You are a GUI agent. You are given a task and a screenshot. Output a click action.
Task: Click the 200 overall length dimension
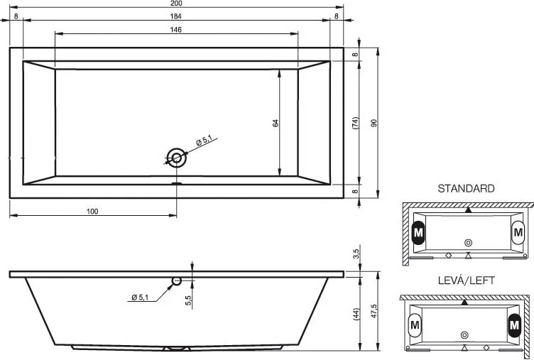click(176, 4)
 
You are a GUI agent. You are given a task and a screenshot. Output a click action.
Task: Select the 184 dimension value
click(175, 16)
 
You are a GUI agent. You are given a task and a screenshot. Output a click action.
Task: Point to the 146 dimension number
click(175, 30)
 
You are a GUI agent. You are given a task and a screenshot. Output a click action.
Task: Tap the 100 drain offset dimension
click(92, 212)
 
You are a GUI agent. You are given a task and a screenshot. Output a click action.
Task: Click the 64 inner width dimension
click(276, 123)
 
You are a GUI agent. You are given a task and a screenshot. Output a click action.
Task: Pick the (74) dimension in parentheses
click(355, 123)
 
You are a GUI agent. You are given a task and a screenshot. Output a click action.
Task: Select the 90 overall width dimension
click(374, 123)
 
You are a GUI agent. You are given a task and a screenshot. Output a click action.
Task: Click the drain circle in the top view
click(176, 158)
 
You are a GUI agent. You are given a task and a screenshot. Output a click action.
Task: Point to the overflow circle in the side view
click(176, 281)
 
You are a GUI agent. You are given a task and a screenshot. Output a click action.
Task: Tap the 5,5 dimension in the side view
click(189, 300)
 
